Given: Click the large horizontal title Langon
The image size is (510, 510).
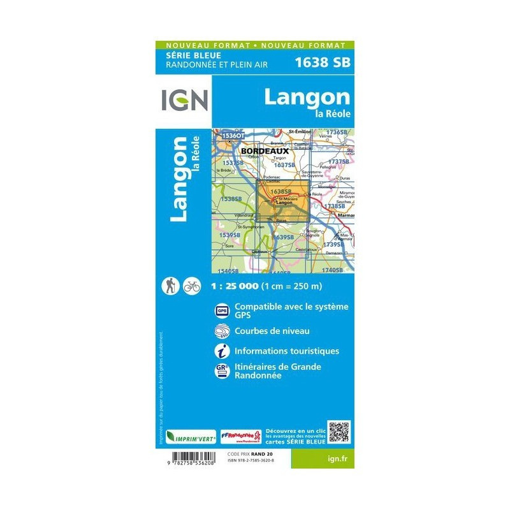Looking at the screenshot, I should tap(307, 97).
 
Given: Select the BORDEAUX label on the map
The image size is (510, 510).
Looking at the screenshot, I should tap(265, 151).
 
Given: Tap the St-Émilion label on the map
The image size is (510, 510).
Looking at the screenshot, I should tap(300, 131).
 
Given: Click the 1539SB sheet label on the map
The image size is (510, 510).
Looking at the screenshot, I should tap(229, 235).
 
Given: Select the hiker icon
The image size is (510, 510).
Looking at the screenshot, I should tap(170, 286).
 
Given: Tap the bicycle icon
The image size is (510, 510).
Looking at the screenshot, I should tap(191, 286).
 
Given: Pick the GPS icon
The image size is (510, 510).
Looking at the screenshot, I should tap(222, 310).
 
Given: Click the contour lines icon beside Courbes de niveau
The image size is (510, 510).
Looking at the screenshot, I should tap(222, 331).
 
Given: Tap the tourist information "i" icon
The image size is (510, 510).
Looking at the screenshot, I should tap(222, 351).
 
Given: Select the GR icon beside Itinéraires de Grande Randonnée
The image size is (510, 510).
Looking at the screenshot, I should tap(222, 370).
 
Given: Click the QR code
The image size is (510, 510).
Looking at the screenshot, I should tap(339, 432).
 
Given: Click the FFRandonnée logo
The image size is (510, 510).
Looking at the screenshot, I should tap(241, 436).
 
